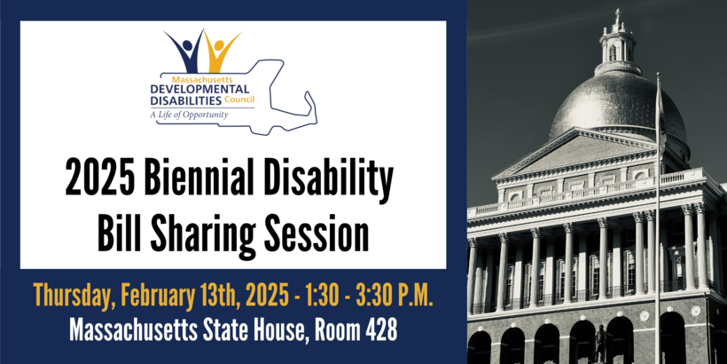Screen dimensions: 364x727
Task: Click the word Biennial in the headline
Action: click(x=199, y=180)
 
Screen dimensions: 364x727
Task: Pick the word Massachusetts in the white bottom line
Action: click(x=119, y=329)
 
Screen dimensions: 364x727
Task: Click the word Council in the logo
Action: click(x=239, y=101)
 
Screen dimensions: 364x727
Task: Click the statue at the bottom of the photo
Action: click(x=601, y=342)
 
